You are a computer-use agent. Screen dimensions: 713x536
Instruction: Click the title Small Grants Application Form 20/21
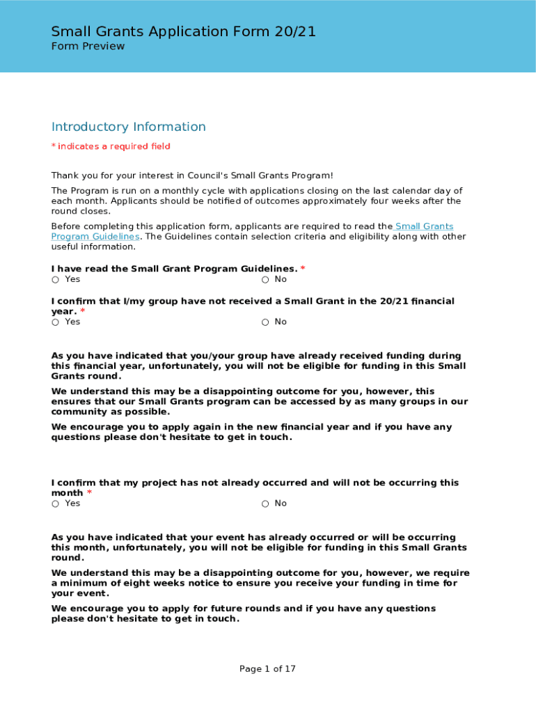(x=184, y=31)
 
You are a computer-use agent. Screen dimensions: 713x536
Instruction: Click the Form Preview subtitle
(x=88, y=47)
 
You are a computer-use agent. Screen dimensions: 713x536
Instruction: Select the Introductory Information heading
(x=129, y=127)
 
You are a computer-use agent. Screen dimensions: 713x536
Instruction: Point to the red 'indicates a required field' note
(x=111, y=146)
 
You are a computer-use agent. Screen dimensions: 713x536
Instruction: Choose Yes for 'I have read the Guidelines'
(x=55, y=280)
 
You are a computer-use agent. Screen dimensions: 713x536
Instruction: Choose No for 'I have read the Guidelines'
(x=265, y=280)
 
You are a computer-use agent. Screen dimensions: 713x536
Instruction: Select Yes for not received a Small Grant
(x=55, y=322)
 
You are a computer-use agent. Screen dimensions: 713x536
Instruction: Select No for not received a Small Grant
(x=265, y=322)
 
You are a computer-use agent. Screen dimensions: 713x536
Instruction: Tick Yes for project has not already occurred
(x=55, y=504)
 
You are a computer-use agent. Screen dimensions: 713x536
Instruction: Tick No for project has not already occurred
(x=265, y=504)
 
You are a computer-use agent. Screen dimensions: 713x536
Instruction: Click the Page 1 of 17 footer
(x=267, y=669)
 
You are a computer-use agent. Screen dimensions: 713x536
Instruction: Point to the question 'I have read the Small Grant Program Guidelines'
(x=174, y=269)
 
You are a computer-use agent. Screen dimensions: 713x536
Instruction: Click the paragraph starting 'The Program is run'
(x=256, y=201)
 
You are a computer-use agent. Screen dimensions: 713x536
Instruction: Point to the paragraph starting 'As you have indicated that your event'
(x=259, y=547)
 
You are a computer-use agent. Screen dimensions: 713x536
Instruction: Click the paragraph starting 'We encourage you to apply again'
(x=251, y=432)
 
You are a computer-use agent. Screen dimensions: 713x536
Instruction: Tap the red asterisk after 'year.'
(x=82, y=312)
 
